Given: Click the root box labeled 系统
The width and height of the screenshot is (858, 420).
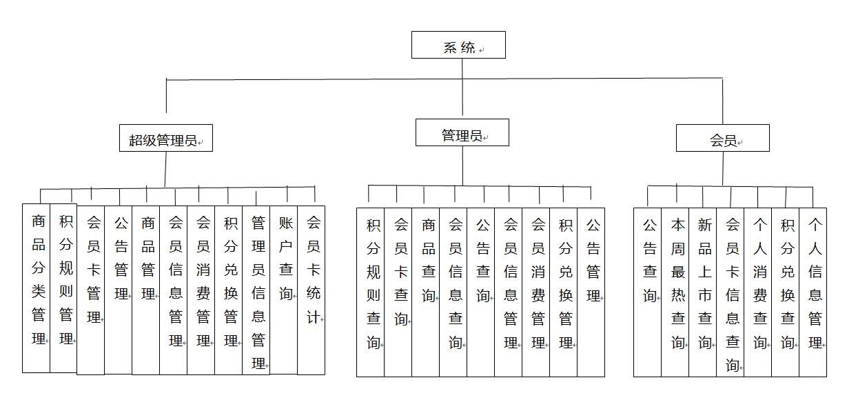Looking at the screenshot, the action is point(458,45).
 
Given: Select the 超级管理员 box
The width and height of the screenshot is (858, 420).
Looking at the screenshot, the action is point(166,138).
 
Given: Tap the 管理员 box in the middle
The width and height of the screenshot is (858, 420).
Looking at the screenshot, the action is point(462,132).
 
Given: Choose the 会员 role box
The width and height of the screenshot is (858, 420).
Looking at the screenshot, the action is point(723,138).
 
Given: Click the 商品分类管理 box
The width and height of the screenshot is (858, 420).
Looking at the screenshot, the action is point(36,288).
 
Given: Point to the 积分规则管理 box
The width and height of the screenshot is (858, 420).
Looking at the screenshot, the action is point(63,288).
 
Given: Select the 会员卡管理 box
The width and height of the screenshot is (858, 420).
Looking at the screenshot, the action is point(91,290).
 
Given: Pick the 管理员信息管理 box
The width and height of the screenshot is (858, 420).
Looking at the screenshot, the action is point(256,290).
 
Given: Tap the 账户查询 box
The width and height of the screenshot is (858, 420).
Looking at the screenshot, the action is point(284,290).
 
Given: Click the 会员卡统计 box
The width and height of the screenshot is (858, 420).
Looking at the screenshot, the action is point(311,290).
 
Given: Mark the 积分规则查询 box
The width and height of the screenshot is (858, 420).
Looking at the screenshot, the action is point(370,292).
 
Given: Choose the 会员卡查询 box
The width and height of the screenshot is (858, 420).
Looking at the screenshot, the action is point(398,292).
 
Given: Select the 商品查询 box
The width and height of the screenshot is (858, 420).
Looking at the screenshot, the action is point(425,292).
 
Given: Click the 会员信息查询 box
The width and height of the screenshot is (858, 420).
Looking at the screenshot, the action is point(453,292).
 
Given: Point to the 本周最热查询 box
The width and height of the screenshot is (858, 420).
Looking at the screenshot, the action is point(675,292).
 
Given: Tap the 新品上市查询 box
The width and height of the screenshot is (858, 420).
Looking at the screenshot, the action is point(703,292).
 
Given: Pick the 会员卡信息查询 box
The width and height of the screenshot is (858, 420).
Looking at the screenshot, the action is point(731,292).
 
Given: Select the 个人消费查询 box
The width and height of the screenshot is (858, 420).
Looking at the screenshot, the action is point(758,292).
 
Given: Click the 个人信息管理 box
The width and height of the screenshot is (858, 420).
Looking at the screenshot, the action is point(813,292).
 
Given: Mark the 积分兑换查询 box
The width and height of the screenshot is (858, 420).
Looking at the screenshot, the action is point(786,292).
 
